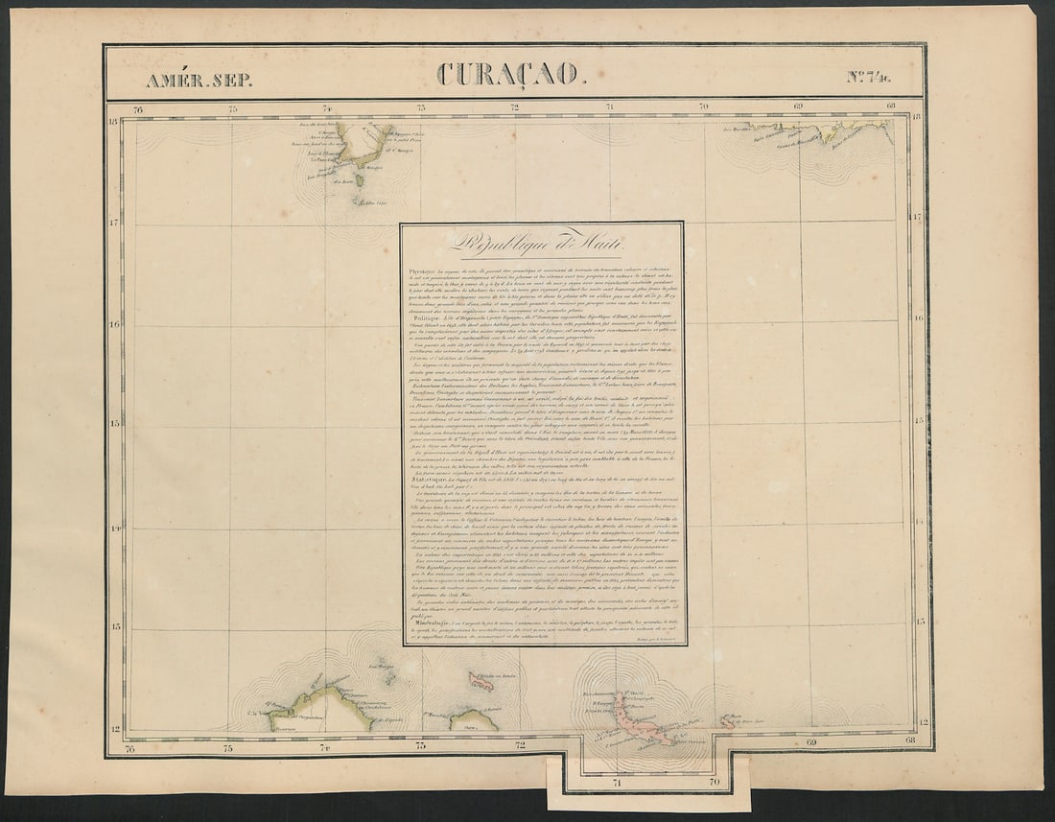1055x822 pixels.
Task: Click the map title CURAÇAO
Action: click(x=509, y=73)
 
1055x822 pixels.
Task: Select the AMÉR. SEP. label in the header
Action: click(x=199, y=80)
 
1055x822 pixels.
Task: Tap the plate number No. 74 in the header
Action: click(x=868, y=77)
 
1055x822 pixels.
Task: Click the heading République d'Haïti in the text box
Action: click(x=542, y=244)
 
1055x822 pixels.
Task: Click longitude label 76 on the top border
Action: click(x=138, y=108)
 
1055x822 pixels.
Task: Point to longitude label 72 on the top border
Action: click(x=515, y=107)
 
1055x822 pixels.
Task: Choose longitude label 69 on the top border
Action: click(x=798, y=107)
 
